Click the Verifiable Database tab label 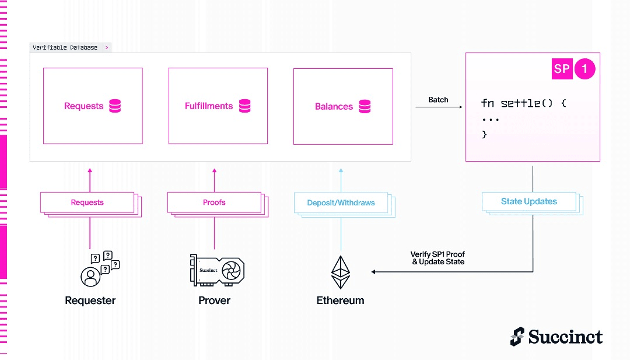coord(65,47)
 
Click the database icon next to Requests coord(115,106)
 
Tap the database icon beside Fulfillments coord(244,106)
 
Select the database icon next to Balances coord(365,106)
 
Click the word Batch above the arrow coord(438,100)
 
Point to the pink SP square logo coord(562,69)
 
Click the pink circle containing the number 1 coord(584,69)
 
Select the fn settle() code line coord(523,103)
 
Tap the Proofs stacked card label coord(214,202)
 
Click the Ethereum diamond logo coord(341,272)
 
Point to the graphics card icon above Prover coord(217,270)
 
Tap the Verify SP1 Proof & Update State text coord(437,258)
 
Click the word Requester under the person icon coord(90,300)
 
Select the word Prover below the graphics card coord(214,300)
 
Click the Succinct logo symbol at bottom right coord(517,337)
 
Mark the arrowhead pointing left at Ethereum coord(373,272)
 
